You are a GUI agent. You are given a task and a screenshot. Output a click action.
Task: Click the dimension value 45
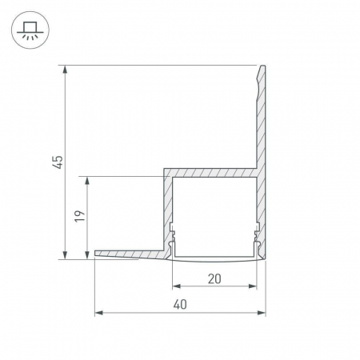(x=58, y=162)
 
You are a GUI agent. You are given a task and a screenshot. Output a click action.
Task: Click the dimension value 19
(x=79, y=216)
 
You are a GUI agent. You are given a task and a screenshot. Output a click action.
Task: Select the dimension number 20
(x=214, y=278)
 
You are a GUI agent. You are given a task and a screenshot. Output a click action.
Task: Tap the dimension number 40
(x=180, y=304)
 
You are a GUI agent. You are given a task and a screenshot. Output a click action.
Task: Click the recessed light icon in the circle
(x=30, y=30)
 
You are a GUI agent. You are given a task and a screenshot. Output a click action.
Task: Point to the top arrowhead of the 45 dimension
(x=65, y=69)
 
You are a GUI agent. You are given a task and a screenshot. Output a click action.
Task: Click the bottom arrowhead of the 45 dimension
(x=65, y=255)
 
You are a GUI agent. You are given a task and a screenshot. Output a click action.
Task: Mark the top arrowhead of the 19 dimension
(x=87, y=181)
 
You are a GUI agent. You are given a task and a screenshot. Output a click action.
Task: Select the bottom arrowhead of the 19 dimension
(x=87, y=255)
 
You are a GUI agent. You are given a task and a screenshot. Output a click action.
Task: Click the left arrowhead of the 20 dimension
(x=177, y=286)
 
